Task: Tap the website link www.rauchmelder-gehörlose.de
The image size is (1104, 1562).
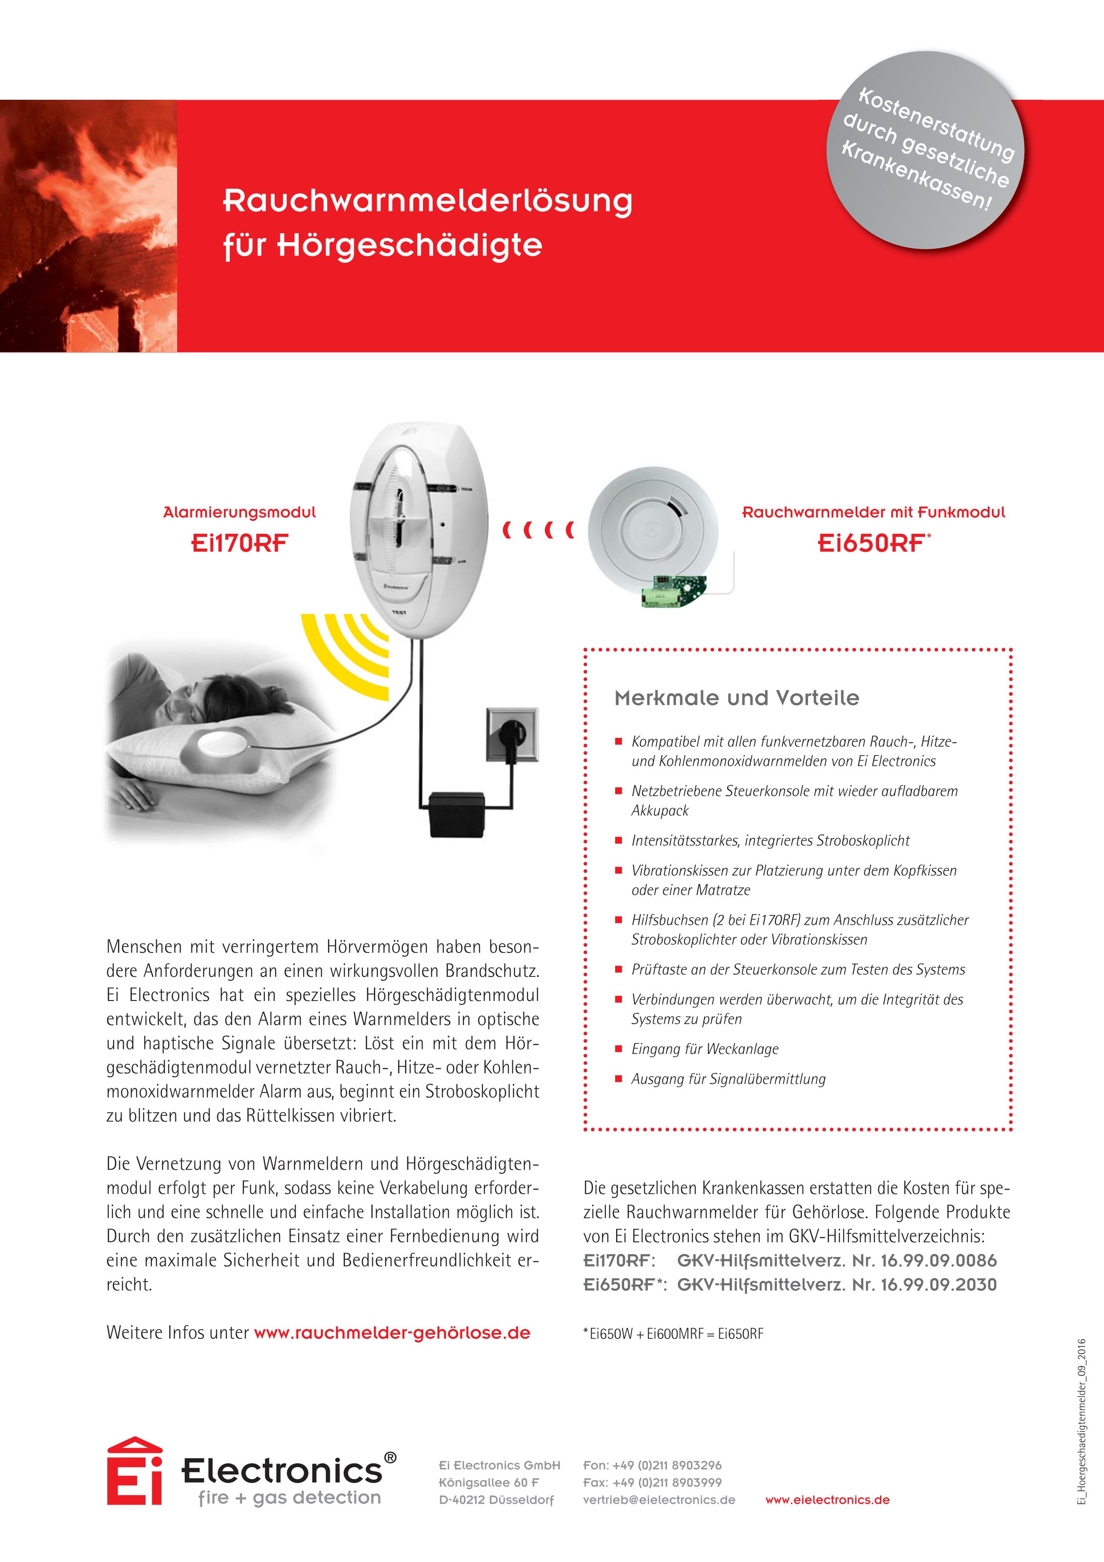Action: (392, 1333)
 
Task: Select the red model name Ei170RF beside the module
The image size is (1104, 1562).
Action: (239, 543)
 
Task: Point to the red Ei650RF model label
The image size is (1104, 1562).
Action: (871, 543)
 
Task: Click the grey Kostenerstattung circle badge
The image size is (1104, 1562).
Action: (925, 151)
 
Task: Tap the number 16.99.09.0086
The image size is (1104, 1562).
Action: (939, 1261)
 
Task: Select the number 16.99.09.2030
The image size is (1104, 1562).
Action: (939, 1285)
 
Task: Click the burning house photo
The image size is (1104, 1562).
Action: (89, 226)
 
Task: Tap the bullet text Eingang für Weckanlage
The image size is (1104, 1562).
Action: (705, 1049)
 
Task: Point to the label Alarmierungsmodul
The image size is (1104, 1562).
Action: (239, 512)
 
